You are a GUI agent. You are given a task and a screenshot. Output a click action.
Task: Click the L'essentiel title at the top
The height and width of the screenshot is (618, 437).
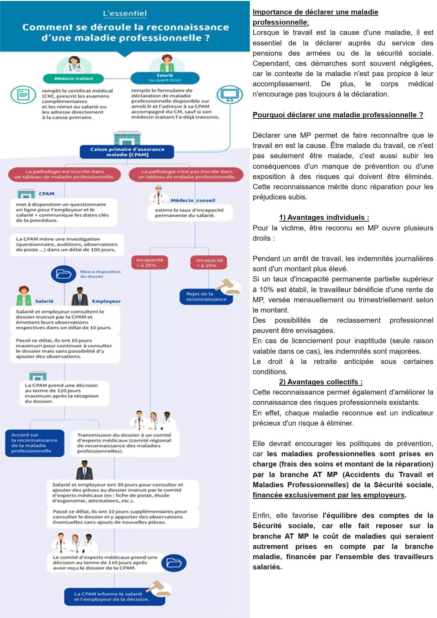tap(125, 14)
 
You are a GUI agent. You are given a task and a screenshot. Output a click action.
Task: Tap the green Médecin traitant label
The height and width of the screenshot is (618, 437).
tap(74, 78)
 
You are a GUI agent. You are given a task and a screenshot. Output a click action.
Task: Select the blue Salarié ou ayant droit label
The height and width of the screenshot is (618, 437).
tap(165, 78)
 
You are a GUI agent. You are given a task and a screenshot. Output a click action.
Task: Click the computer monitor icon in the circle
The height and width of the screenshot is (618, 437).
tap(229, 94)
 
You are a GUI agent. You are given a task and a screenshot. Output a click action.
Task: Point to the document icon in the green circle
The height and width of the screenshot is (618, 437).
tap(23, 94)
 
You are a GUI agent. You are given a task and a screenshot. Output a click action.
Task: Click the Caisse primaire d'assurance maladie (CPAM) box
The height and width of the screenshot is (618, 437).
tap(127, 152)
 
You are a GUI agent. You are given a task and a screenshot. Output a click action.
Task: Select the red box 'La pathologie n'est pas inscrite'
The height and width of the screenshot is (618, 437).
tap(186, 174)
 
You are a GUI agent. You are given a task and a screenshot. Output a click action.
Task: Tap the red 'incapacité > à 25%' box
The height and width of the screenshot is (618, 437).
tap(149, 262)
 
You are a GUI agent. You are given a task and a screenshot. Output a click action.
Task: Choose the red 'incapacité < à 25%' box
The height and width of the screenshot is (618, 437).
tap(209, 263)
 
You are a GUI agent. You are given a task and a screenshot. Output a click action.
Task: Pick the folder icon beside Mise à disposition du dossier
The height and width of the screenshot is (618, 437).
tap(63, 274)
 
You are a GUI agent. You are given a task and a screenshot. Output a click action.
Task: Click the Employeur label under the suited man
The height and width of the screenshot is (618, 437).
tap(106, 301)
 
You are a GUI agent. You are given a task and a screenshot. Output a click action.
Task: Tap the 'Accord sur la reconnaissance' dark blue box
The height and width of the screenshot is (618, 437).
tap(35, 443)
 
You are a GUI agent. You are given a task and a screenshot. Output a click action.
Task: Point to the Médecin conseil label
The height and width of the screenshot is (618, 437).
tap(192, 200)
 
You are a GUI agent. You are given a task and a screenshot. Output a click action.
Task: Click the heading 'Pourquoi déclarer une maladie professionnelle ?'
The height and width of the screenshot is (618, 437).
tap(338, 115)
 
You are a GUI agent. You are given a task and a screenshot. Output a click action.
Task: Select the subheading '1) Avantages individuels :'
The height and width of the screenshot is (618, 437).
tap(324, 217)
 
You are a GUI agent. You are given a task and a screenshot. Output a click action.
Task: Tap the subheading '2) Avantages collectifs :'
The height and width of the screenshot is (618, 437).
tap(321, 382)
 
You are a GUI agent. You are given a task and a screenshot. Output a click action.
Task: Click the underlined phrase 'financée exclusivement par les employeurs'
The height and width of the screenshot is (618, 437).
tap(328, 495)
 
